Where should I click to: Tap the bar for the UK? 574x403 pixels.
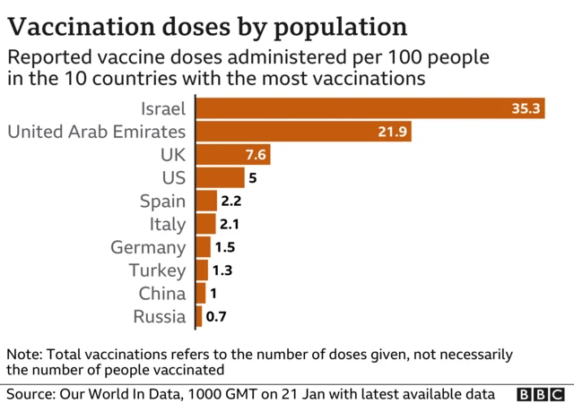point(232,155)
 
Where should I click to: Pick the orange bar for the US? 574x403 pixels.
point(220,178)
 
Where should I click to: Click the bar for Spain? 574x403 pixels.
point(206,201)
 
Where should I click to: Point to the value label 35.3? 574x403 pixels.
point(526,109)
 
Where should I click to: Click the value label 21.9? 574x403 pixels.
point(394,133)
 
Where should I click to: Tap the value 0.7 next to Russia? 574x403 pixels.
point(216,316)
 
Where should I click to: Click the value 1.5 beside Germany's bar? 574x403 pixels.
point(225,247)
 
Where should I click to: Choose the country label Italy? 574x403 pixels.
point(168,224)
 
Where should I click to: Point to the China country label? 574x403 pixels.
point(162,293)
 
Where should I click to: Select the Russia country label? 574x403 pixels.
point(160,316)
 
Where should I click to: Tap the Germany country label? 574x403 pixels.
point(148,247)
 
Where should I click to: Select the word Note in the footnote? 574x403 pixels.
point(23,354)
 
